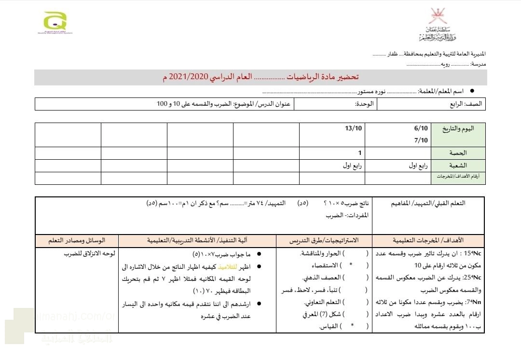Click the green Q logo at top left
55,21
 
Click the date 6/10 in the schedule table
421,128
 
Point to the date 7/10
421,140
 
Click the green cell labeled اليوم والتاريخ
461,129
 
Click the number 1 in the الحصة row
359,153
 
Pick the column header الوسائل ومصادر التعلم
77,240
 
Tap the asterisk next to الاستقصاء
351,265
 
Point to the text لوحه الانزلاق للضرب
91,254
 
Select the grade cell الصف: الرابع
468,104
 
